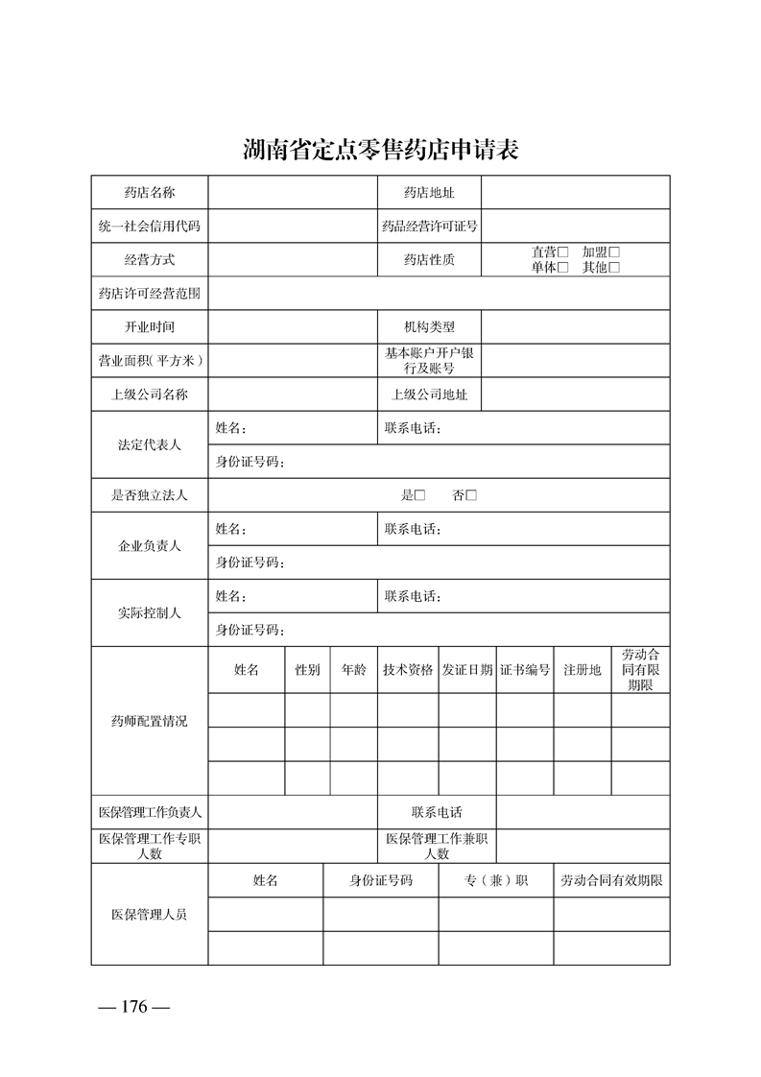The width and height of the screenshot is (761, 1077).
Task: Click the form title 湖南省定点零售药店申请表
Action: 381,151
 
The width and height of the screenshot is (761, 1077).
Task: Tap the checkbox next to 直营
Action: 564,251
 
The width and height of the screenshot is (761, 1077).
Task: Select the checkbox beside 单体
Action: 564,268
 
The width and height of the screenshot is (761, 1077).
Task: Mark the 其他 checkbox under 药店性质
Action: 614,268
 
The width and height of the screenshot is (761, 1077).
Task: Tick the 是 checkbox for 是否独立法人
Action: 419,495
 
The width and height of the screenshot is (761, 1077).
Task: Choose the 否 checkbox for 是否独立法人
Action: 471,495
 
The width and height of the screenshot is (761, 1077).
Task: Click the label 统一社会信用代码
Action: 150,227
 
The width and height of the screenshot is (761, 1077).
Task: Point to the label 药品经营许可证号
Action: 429,227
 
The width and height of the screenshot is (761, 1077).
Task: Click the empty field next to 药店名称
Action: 292,193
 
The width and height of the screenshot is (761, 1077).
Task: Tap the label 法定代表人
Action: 150,445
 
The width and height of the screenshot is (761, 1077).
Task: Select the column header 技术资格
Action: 408,670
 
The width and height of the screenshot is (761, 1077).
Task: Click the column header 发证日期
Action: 467,670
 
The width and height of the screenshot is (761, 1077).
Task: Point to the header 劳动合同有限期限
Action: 640,670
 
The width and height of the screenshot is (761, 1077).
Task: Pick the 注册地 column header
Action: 583,670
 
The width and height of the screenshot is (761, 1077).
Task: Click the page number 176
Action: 134,1007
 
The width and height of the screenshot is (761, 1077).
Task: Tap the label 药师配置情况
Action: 150,721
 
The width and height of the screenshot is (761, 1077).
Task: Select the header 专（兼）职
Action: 496,880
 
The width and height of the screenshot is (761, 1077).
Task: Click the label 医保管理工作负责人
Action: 150,812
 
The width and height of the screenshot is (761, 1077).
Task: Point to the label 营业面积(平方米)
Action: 150,360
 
